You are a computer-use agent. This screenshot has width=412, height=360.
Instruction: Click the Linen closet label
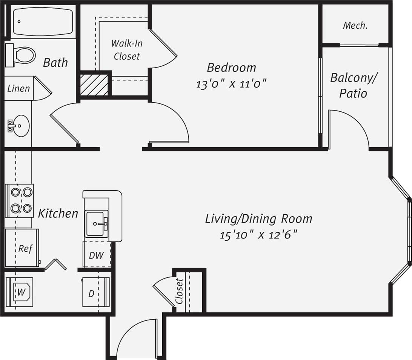(18, 89)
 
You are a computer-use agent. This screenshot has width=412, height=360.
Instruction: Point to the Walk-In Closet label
(126, 49)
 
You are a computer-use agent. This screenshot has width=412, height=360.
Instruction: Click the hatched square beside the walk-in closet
(94, 84)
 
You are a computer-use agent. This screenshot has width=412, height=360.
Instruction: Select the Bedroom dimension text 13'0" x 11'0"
(231, 83)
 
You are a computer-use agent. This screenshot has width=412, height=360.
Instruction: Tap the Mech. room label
(355, 26)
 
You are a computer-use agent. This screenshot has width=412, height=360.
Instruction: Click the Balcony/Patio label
(354, 85)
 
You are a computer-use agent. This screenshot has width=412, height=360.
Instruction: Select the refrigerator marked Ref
(22, 248)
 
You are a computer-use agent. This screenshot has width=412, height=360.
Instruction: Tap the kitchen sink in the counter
(96, 224)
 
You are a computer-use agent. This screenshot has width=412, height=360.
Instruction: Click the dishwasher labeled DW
(96, 255)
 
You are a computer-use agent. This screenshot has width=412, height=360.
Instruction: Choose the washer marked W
(22, 291)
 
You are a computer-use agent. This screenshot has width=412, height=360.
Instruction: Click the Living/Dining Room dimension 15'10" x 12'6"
(258, 235)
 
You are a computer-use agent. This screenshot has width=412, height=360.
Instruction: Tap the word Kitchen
(58, 213)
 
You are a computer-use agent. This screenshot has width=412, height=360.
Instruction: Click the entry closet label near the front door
(180, 291)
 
